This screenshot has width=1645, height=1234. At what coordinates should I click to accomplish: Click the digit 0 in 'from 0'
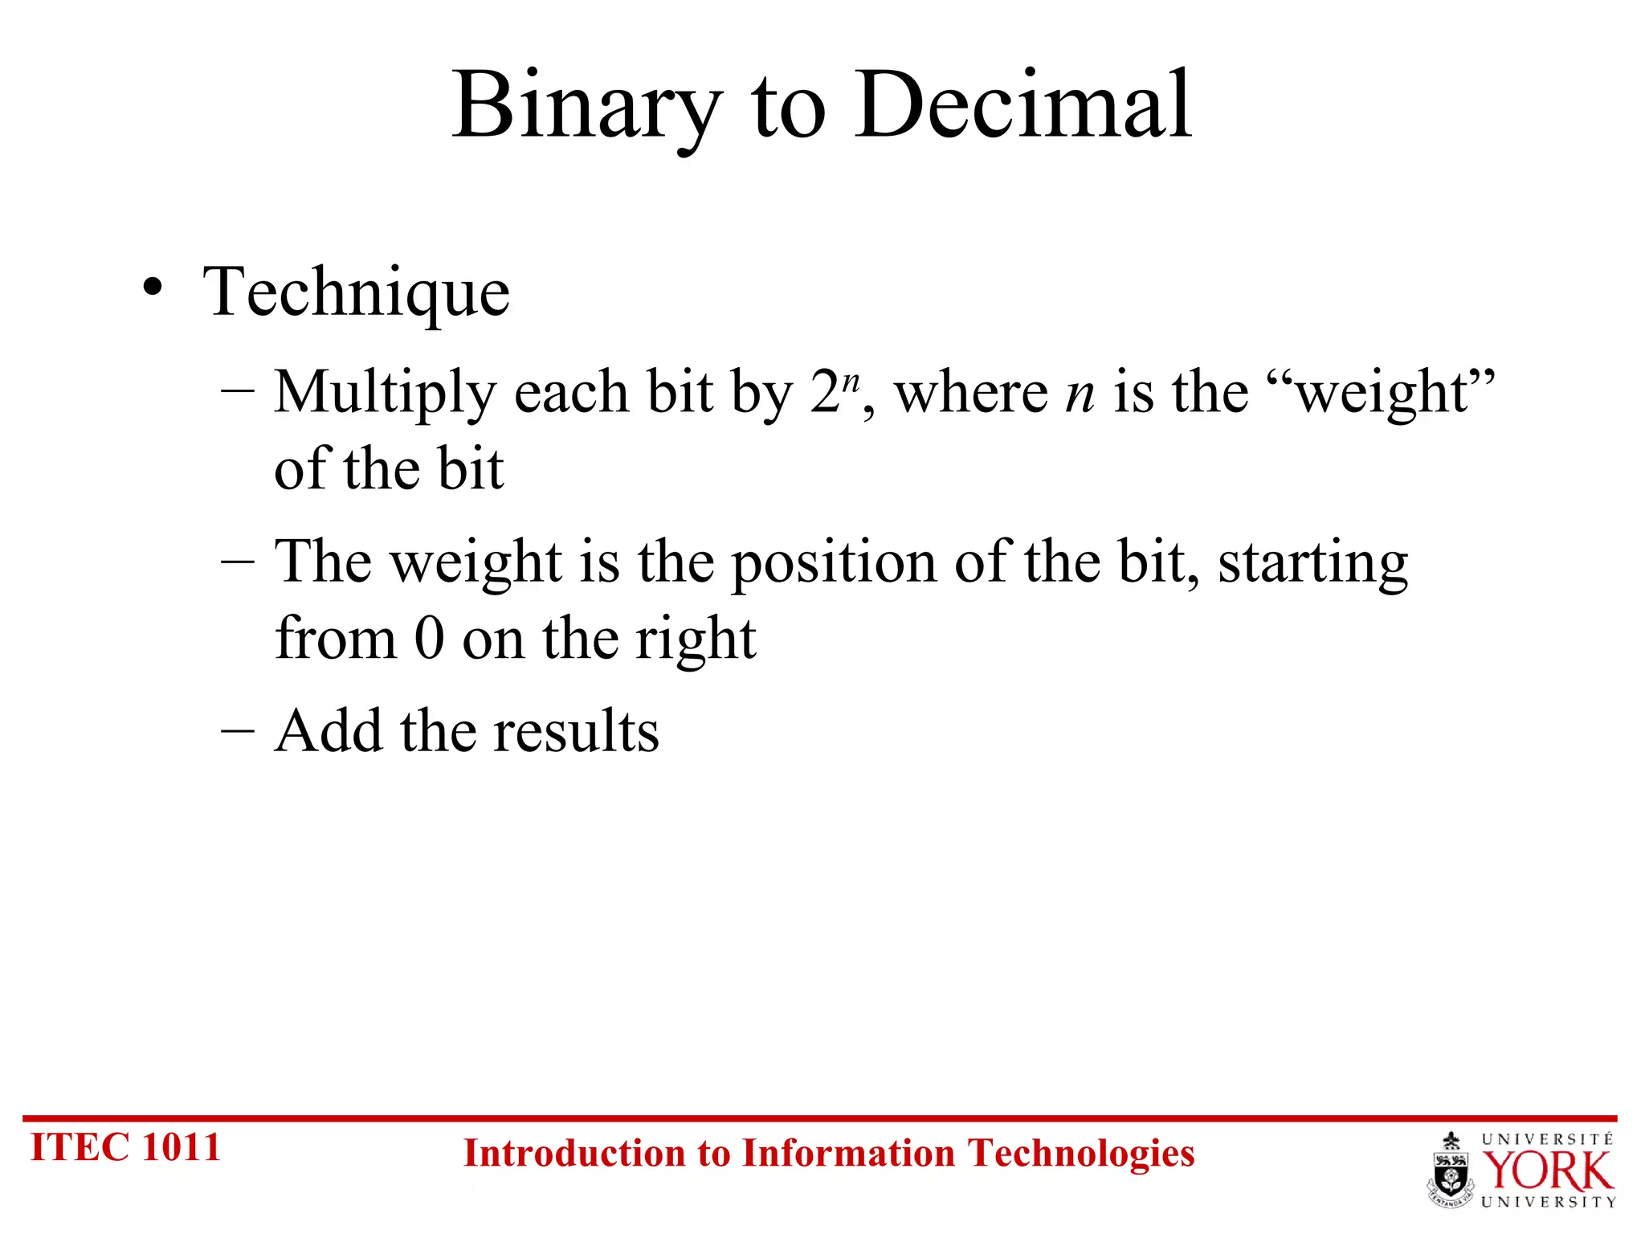click(x=430, y=639)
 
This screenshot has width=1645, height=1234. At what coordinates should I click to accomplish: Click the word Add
click(x=328, y=731)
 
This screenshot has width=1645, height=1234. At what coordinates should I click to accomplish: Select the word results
click(x=576, y=731)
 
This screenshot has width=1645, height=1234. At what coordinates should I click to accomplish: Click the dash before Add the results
click(x=237, y=731)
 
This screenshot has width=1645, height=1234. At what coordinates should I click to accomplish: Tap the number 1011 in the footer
click(x=181, y=1146)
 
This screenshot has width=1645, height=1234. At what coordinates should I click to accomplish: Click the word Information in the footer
click(x=849, y=1153)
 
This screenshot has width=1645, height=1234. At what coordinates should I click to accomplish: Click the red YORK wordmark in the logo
click(x=1546, y=1171)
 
